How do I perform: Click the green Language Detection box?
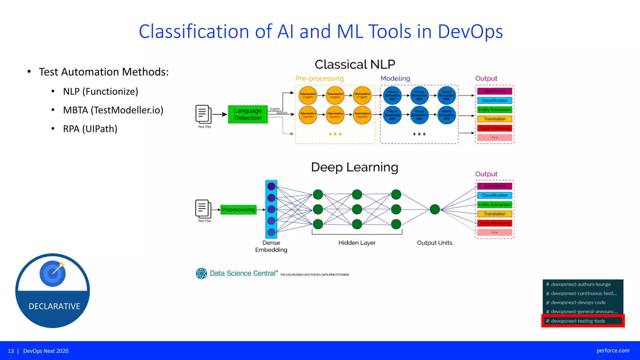[247, 114]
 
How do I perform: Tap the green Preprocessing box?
[238, 210]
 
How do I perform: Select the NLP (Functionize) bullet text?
[100, 92]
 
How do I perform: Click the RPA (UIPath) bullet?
[90, 129]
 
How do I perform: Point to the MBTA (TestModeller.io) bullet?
[113, 110]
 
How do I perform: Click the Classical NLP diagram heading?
[355, 64]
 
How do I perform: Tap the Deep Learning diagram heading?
[355, 167]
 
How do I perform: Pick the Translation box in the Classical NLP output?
[494, 119]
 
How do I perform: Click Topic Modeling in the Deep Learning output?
[494, 223]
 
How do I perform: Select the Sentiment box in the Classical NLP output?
[494, 91]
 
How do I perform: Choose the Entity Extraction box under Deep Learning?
[494, 205]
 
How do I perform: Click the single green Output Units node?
[435, 209]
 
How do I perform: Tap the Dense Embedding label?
[271, 246]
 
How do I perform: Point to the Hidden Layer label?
[357, 243]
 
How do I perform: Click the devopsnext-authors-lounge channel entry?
[580, 284]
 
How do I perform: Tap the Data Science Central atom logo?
[201, 273]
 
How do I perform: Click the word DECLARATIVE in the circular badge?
[54, 306]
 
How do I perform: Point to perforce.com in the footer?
[613, 351]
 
